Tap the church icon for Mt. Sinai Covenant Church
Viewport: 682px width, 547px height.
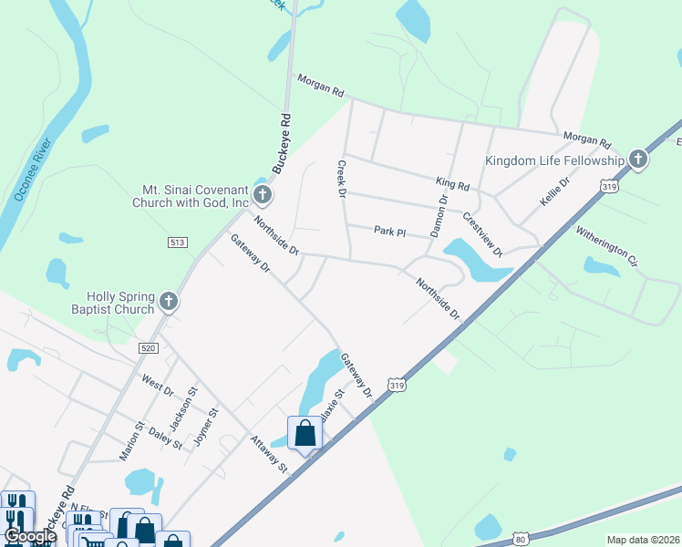click(x=263, y=193)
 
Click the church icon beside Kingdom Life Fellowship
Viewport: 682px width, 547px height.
click(x=638, y=160)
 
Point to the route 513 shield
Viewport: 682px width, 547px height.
click(x=178, y=242)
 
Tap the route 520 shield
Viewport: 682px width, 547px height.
click(x=150, y=348)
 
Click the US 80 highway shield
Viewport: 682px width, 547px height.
click(x=519, y=539)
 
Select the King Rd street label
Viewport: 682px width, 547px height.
click(x=452, y=185)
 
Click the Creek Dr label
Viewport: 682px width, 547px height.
click(x=343, y=180)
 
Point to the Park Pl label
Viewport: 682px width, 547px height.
click(x=389, y=232)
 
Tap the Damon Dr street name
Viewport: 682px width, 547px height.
click(x=439, y=216)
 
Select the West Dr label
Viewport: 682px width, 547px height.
click(x=157, y=384)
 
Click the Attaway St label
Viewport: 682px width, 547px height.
click(x=269, y=453)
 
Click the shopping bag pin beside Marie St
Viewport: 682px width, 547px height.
click(x=305, y=432)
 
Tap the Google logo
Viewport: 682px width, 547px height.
click(x=30, y=537)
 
